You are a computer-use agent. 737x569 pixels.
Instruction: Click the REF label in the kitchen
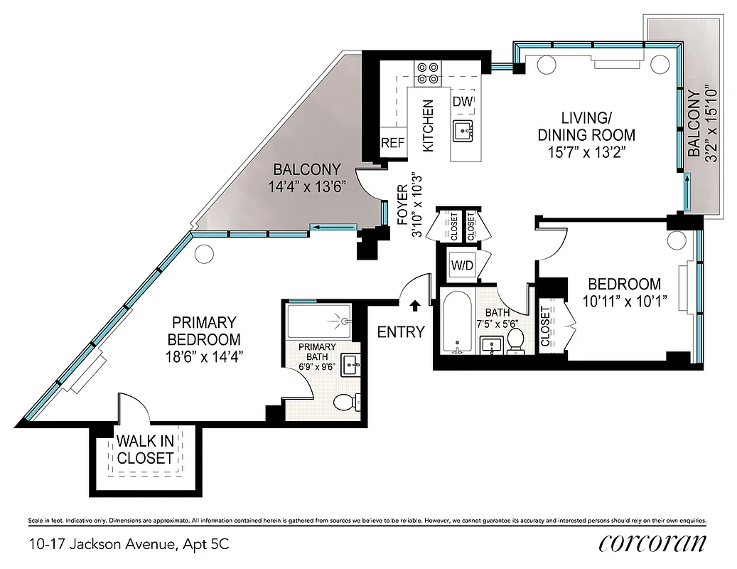392,142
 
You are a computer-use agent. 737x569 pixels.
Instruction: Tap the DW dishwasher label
462,102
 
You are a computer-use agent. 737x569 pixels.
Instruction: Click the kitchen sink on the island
463,130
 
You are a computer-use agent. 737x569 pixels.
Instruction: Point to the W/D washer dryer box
461,265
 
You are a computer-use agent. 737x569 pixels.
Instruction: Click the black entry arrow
415,305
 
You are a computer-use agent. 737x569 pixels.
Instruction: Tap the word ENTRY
401,331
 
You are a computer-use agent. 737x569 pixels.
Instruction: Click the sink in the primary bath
350,364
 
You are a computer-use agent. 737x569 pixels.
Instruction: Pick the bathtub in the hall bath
455,324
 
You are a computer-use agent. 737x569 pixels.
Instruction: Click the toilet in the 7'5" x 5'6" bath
515,340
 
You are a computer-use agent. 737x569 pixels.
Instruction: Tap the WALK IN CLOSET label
145,450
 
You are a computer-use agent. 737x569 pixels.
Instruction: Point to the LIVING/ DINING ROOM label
586,126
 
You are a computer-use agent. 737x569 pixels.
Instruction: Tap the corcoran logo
652,543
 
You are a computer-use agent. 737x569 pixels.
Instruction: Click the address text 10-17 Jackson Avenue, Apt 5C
129,545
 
